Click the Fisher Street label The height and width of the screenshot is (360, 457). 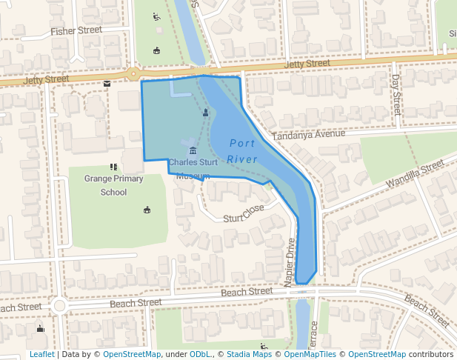(x=76, y=31)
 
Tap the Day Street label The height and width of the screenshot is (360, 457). (x=396, y=94)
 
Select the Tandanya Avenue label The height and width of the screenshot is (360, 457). (x=308, y=135)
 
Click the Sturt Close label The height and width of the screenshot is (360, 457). (x=244, y=213)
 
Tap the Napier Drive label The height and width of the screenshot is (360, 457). (x=290, y=258)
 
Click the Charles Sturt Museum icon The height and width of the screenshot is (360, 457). (x=193, y=151)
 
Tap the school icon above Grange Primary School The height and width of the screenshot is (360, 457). (x=113, y=167)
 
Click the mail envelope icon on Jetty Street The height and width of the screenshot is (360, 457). (x=107, y=83)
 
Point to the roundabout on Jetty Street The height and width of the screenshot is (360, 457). (x=133, y=73)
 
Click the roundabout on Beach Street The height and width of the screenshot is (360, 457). (x=59, y=305)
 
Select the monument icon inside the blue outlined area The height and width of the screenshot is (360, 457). (x=205, y=113)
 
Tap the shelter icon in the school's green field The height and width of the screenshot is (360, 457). (x=147, y=210)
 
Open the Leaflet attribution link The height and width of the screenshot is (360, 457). (x=41, y=355)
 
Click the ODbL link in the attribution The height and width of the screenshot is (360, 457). (x=200, y=355)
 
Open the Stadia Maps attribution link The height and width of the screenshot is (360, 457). (x=249, y=355)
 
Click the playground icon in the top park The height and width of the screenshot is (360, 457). (x=156, y=16)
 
